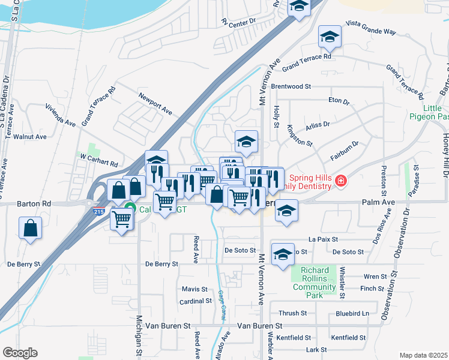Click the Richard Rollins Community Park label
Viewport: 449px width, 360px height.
point(314,283)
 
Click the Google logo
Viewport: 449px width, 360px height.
point(20,352)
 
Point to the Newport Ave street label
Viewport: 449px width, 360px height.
point(155,103)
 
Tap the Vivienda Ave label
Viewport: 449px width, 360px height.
point(60,115)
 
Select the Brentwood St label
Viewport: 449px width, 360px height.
point(291,86)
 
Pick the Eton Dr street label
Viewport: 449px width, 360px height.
point(339,101)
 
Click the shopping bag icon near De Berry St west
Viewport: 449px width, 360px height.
point(30,229)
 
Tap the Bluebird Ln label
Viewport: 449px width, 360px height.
point(352,313)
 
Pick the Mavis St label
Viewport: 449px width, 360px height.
point(194,289)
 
